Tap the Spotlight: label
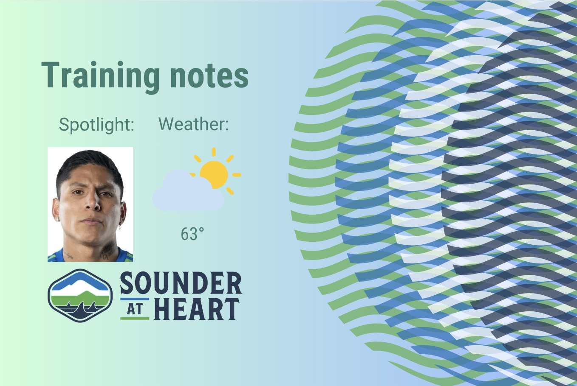click(x=96, y=125)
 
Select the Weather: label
click(x=193, y=124)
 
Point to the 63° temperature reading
click(x=192, y=234)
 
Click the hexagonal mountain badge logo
click(x=80, y=296)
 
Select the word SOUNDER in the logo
click(x=181, y=283)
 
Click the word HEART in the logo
click(x=197, y=309)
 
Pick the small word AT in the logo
click(x=135, y=309)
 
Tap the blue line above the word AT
click(x=135, y=299)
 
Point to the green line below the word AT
click(x=135, y=319)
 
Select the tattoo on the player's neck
click(x=108, y=251)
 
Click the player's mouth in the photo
click(x=91, y=221)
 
